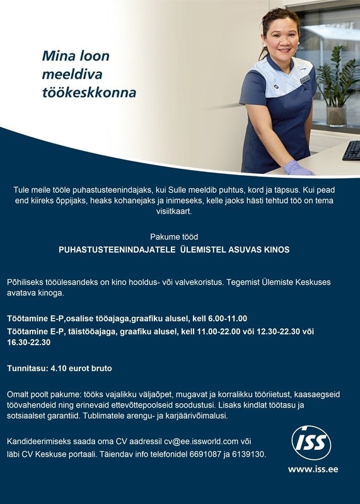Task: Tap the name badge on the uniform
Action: coord(305,80)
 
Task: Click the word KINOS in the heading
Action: coord(276,249)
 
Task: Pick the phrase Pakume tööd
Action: coord(174,237)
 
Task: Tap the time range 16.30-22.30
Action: coord(28,343)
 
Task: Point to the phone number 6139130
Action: coord(250,454)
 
